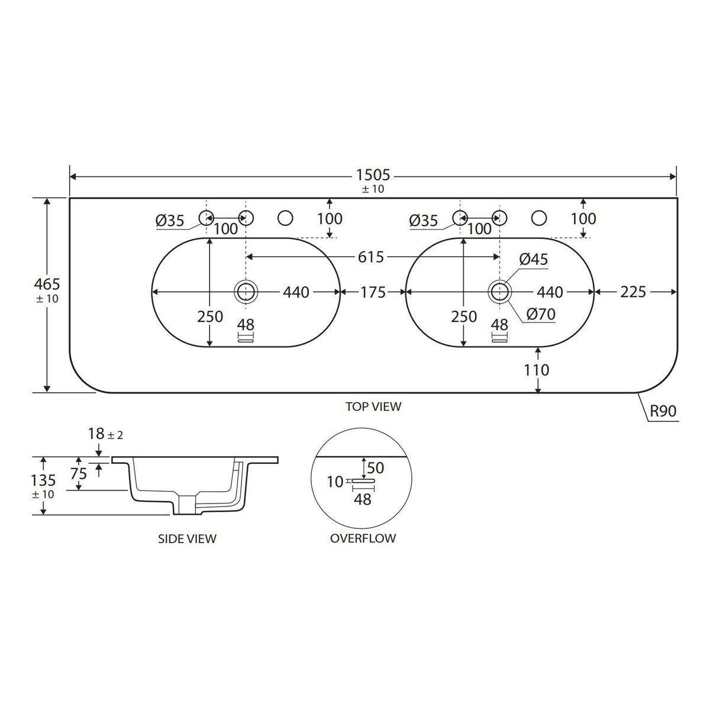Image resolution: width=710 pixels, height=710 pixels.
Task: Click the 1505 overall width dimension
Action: point(373,175)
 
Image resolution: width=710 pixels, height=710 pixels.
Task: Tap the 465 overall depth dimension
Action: point(47,285)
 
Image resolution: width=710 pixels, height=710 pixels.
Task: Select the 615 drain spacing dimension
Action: point(370,257)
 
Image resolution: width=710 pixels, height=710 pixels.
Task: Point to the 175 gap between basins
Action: point(373,292)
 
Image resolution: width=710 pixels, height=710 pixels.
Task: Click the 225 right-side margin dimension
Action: point(633,292)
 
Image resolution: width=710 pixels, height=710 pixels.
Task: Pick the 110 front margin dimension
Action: point(537,370)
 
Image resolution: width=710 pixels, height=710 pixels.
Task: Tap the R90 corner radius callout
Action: point(663,411)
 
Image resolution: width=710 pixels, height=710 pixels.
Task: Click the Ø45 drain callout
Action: point(534,259)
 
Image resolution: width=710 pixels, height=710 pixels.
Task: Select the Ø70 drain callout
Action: point(541,314)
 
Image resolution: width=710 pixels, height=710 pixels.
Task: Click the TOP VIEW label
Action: point(373,406)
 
